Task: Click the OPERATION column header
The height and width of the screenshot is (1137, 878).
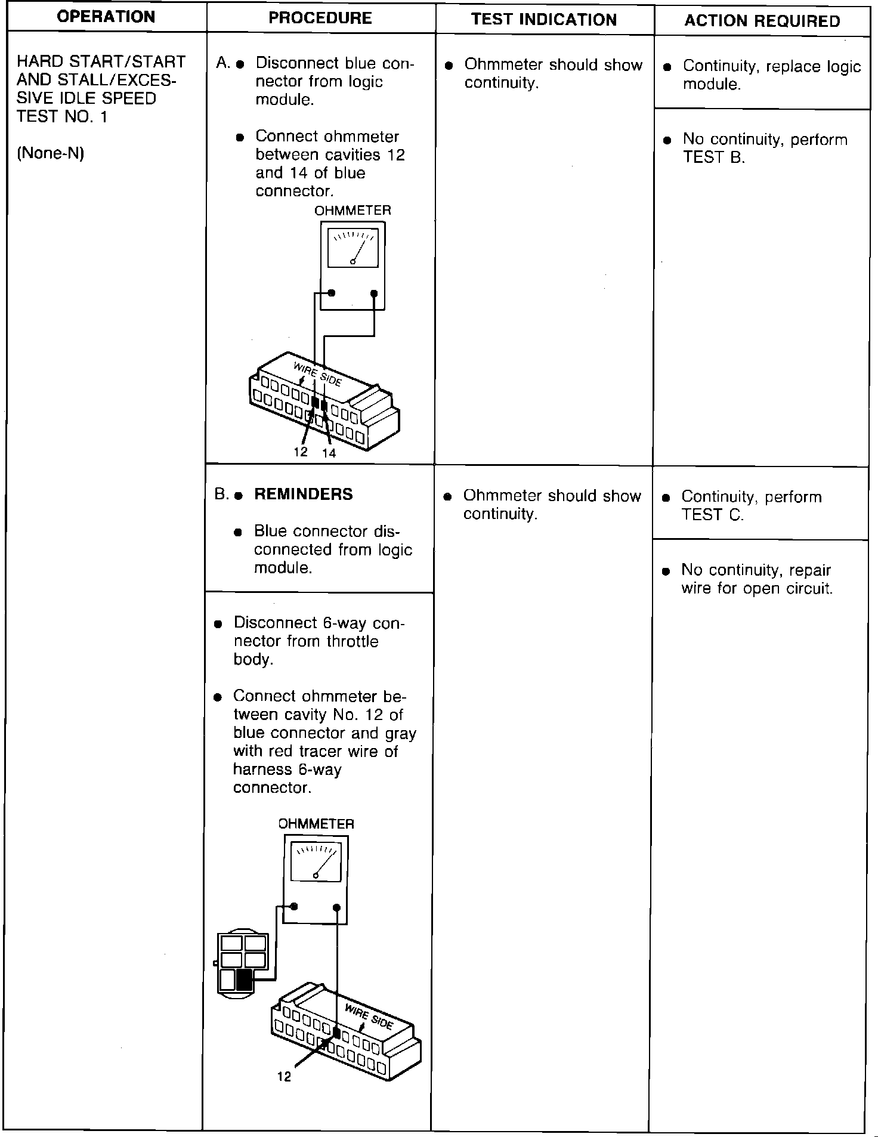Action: click(107, 17)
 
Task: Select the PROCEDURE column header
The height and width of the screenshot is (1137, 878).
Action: click(320, 18)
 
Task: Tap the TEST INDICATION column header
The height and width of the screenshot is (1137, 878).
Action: click(544, 20)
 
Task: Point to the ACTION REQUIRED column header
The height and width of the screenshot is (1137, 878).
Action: click(762, 21)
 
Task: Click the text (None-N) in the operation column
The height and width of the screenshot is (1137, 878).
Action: click(50, 153)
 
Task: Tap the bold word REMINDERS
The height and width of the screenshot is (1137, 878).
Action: click(304, 495)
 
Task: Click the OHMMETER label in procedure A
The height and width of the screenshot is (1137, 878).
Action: click(353, 211)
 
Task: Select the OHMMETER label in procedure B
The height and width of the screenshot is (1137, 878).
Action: click(316, 824)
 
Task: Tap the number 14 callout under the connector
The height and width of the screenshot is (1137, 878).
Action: click(329, 453)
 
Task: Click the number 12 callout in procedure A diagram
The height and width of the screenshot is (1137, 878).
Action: click(301, 452)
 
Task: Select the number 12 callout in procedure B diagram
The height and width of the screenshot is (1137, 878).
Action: click(285, 1077)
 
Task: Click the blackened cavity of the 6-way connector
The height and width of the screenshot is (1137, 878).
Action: click(244, 980)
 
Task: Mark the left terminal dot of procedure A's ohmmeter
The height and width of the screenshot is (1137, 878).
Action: click(332, 293)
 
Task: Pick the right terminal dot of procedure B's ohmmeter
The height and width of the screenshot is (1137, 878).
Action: click(336, 908)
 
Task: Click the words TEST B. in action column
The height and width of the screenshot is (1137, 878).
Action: click(714, 157)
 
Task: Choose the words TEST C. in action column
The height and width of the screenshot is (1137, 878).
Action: click(713, 515)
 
